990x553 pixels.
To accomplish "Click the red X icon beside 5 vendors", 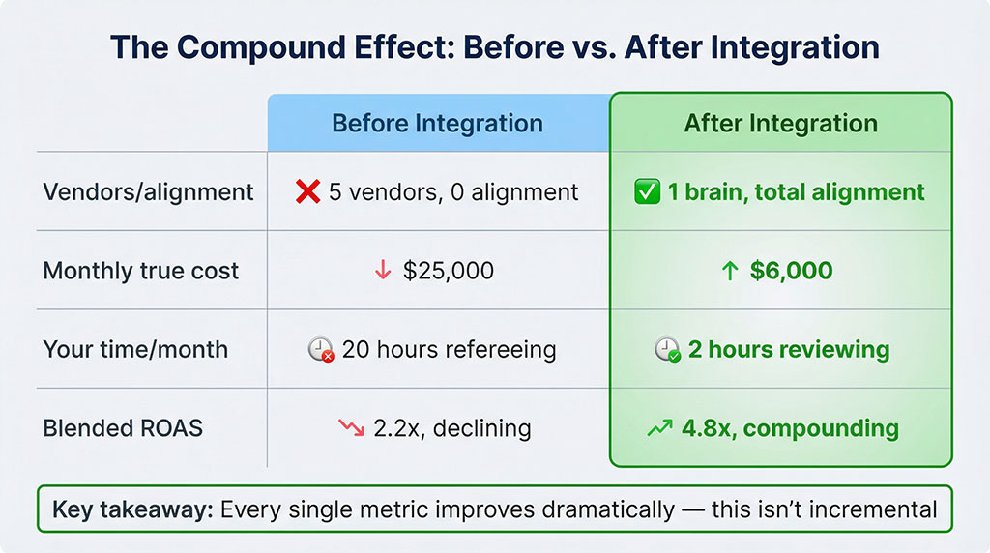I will click(x=307, y=191).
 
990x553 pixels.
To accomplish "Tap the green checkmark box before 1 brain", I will click(x=649, y=191).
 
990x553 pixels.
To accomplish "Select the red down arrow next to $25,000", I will click(x=383, y=271).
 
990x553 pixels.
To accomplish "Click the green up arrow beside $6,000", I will click(x=730, y=271).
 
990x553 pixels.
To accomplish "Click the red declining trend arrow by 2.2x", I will click(x=351, y=427).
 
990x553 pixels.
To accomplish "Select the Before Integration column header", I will click(x=437, y=124).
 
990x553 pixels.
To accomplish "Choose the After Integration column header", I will click(x=781, y=124).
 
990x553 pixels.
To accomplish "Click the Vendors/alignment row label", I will click(x=148, y=191).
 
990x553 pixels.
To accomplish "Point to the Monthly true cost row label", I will click(x=140, y=271).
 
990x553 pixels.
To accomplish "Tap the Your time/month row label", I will click(x=135, y=349).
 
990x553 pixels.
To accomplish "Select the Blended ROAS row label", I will click(x=123, y=427).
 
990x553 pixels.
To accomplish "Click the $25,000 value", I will click(x=448, y=271).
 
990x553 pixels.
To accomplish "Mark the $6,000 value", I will click(x=791, y=271).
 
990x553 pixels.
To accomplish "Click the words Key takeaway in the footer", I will click(x=131, y=509).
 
